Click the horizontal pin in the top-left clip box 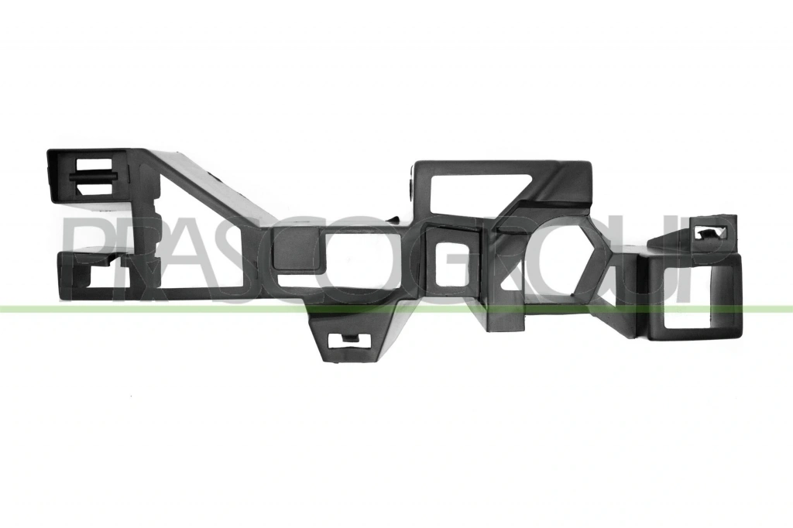(94, 177)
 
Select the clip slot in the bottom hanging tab (346, 341)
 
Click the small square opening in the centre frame (451, 265)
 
